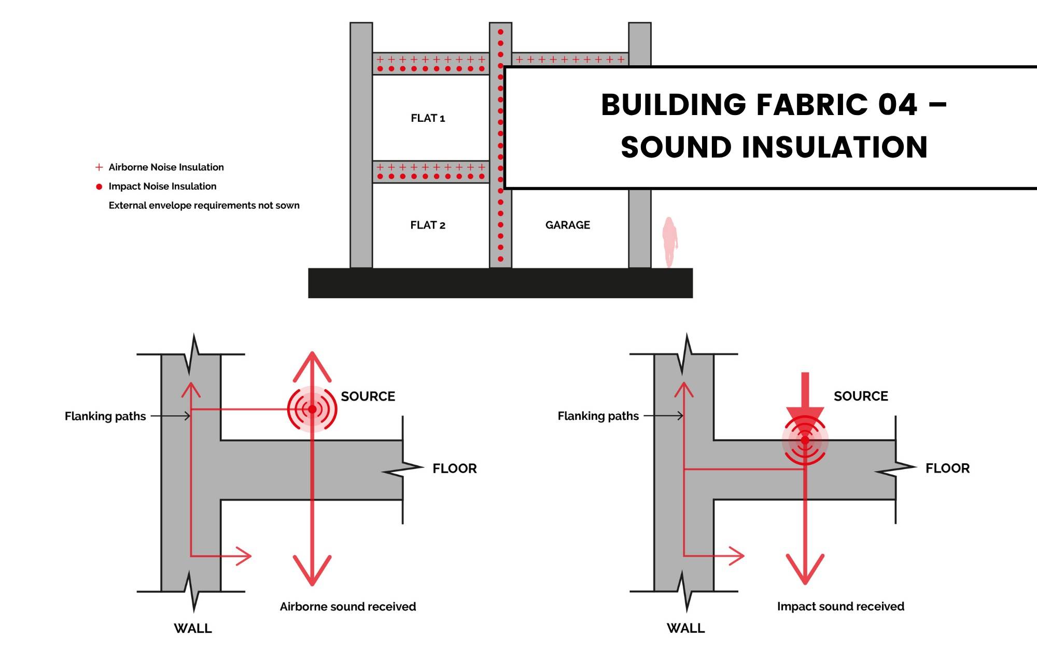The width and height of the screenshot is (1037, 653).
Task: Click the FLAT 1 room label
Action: [428, 118]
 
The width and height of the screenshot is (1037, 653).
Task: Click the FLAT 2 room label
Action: [428, 225]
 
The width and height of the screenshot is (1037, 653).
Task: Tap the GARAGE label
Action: [567, 225]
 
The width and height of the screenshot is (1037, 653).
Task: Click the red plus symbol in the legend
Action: [99, 167]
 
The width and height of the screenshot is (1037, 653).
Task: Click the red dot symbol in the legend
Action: [99, 187]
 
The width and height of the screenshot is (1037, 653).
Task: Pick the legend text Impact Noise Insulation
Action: [162, 187]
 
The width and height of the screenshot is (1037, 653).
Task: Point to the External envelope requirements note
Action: [204, 206]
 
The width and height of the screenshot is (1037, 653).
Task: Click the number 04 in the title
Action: [898, 105]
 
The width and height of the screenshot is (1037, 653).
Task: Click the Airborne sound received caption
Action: [347, 607]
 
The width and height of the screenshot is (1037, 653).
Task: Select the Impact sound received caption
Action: [840, 607]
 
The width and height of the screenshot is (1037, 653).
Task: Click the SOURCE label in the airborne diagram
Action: [368, 396]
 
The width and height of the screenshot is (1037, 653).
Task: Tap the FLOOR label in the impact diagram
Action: [947, 469]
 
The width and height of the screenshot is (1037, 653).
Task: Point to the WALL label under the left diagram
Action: [193, 629]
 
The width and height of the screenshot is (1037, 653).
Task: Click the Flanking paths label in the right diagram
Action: [598, 416]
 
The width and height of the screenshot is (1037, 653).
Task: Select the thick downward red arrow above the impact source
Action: [805, 396]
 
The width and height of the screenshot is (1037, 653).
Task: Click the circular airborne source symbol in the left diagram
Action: [312, 409]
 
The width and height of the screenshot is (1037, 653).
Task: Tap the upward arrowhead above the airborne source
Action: [312, 363]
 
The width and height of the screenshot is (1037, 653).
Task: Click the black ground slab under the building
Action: [500, 283]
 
